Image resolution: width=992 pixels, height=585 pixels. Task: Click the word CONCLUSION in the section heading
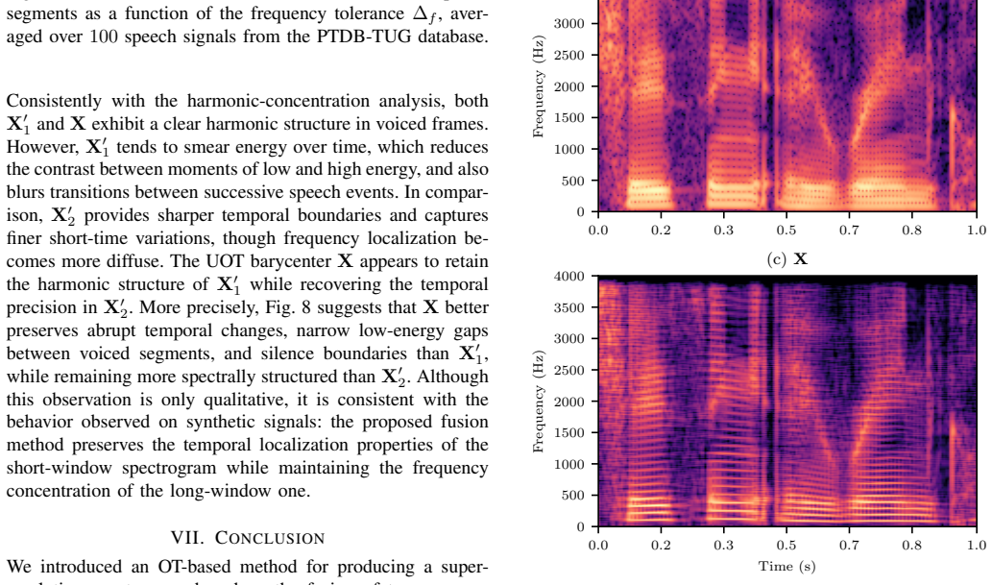coord(270,538)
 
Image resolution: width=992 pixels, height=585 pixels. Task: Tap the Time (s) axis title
coord(787,566)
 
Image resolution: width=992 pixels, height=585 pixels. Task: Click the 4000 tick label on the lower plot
coord(569,276)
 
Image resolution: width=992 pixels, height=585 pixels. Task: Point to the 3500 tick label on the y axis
coord(569,307)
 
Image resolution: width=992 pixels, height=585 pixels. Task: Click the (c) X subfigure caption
coord(787,259)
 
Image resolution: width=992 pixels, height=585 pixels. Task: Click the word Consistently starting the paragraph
coord(55,101)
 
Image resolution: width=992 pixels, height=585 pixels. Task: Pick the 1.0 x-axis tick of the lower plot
coord(977,545)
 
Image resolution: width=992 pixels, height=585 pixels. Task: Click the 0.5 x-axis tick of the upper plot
coord(786,230)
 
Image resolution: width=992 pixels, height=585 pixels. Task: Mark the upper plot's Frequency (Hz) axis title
coord(539,86)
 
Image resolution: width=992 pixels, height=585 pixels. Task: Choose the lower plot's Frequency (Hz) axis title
coord(539,402)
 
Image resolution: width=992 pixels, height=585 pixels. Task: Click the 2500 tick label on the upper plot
coord(569,55)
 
